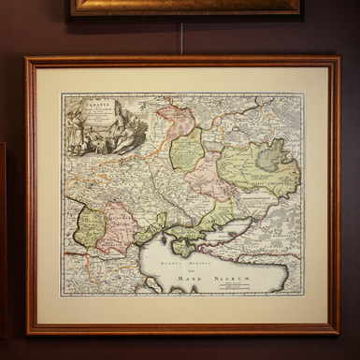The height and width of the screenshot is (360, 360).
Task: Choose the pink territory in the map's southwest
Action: (x=119, y=229)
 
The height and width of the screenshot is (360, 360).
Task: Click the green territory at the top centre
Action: (x=187, y=149)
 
